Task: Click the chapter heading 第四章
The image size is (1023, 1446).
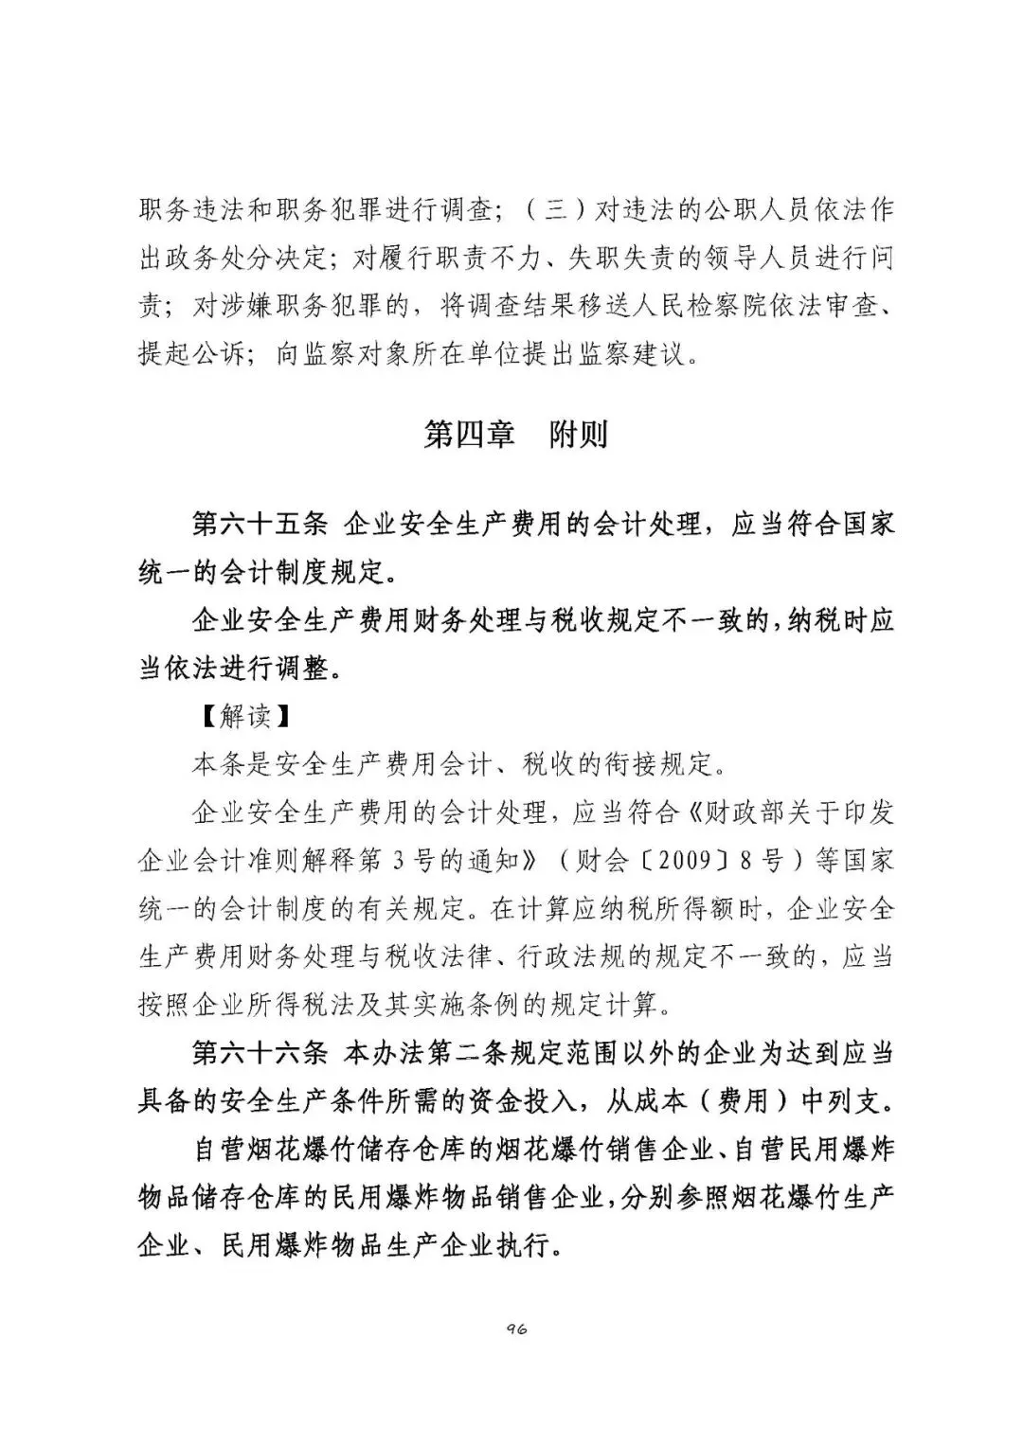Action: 469,435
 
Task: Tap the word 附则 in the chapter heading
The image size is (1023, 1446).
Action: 579,435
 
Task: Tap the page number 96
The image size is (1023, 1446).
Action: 516,1329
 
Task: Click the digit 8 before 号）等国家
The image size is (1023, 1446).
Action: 746,861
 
